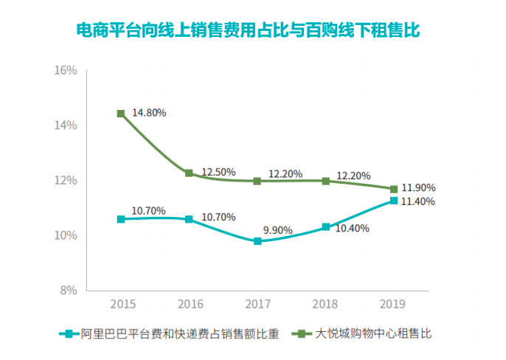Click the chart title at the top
point(253,31)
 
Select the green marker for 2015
point(121,114)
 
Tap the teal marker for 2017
point(257,241)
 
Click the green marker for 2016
point(189,173)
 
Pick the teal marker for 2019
point(394,201)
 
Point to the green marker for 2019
point(394,189)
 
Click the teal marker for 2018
point(325,227)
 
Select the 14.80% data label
point(149,113)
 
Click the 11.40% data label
point(417,201)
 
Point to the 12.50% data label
point(218,172)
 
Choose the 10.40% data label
point(352,229)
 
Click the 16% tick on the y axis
point(66,71)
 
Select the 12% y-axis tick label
point(66,181)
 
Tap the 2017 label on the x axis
point(257,304)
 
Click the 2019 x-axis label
point(394,304)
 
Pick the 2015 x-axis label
point(121,304)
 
